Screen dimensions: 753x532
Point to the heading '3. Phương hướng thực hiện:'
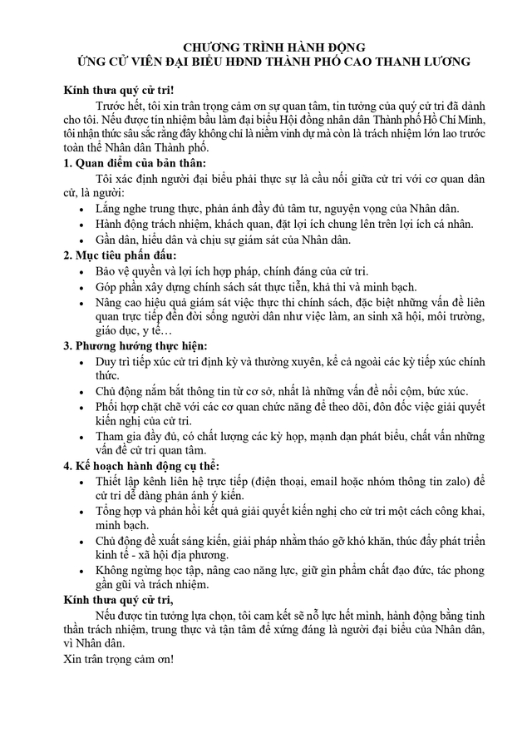click(x=135, y=345)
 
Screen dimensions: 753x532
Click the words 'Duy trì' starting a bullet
click(x=114, y=361)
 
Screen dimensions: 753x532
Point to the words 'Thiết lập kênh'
click(x=135, y=481)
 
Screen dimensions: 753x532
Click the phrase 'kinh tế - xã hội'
click(x=136, y=555)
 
